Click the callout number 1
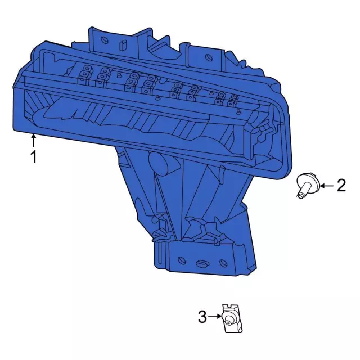pyautogui.click(x=34, y=156)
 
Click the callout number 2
pyautogui.click(x=341, y=186)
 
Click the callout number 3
pyautogui.click(x=202, y=317)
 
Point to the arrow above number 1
pyautogui.click(x=34, y=141)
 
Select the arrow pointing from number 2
pyautogui.click(x=327, y=186)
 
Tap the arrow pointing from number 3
pyautogui.click(x=215, y=316)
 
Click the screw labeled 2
pyautogui.click(x=308, y=184)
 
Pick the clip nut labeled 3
pyautogui.click(x=232, y=318)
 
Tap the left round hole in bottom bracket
pyautogui.click(x=182, y=260)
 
